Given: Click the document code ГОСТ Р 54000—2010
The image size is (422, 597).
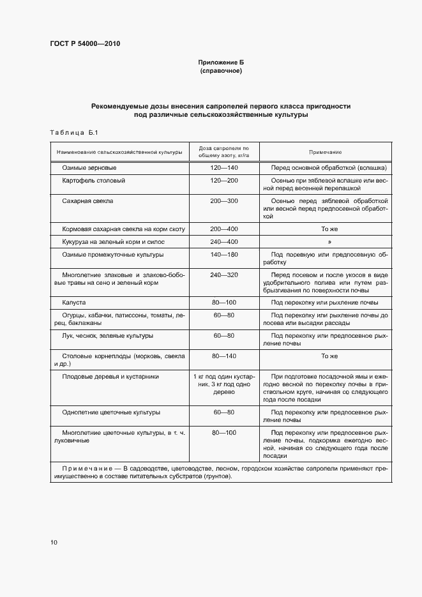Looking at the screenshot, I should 85,44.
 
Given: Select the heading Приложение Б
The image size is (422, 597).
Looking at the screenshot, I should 220,63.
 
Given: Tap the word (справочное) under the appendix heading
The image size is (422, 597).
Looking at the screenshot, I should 220,72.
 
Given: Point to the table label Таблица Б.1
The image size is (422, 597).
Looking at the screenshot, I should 73,132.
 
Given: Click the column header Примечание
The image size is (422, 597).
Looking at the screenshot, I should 326,152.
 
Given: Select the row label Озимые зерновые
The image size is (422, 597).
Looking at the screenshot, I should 89,167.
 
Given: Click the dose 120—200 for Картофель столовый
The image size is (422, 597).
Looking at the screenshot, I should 223,181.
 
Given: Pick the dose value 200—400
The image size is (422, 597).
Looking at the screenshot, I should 223,228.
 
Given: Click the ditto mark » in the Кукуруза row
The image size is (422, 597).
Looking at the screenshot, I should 329,241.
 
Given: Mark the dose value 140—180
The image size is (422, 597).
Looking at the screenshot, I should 223,254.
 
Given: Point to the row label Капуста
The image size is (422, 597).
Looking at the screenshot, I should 74,302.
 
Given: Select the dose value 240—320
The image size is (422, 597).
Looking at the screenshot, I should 223,275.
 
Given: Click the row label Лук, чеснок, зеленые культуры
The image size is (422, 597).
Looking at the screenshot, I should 108,335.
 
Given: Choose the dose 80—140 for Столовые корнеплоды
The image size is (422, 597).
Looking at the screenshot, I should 223,355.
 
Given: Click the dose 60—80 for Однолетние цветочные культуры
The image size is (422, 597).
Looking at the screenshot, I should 223,412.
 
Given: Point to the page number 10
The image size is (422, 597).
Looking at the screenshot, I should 54,542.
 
